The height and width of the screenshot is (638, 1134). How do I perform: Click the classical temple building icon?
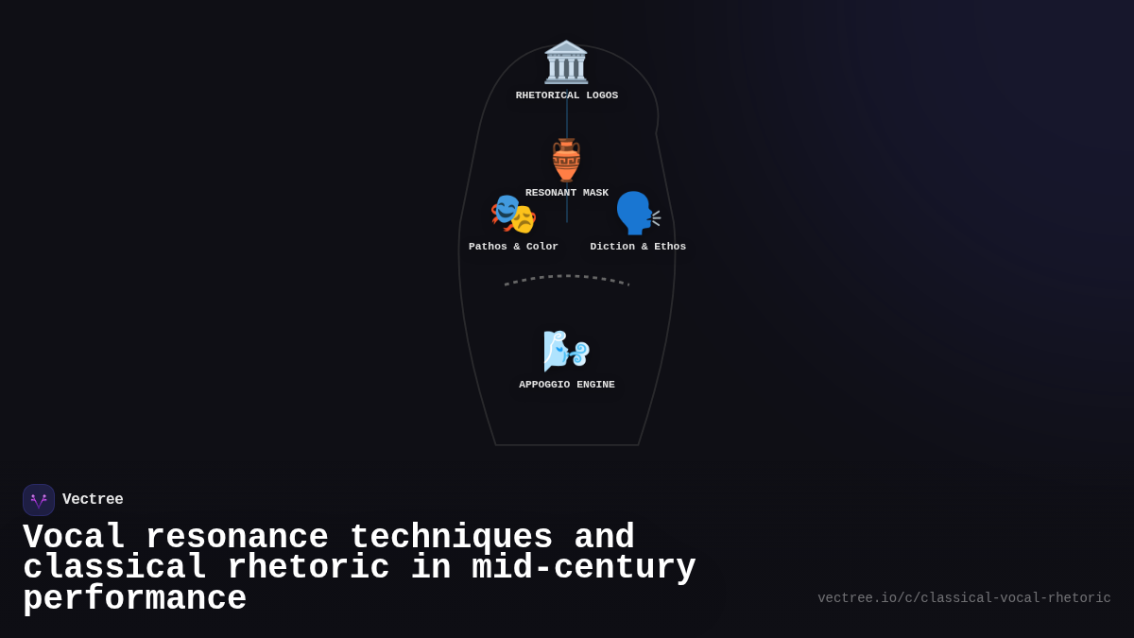click(566, 62)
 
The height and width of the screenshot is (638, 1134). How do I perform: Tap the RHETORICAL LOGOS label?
click(567, 95)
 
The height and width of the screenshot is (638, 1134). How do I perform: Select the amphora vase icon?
click(566, 160)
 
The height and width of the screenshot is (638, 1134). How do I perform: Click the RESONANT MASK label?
click(567, 193)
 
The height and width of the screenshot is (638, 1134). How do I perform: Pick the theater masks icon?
click(513, 214)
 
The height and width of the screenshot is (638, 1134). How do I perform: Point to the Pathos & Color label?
click(513, 247)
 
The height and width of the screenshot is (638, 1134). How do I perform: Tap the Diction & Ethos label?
click(638, 247)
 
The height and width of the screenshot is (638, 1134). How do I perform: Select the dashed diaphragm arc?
click(567, 277)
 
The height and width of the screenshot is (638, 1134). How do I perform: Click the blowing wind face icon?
click(566, 352)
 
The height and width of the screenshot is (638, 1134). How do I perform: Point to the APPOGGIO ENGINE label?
click(567, 385)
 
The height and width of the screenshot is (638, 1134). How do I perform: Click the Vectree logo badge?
click(39, 500)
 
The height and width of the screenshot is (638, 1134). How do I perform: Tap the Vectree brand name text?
click(93, 500)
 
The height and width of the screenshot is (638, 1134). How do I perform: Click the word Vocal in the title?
click(74, 538)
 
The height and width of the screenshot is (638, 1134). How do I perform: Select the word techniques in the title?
click(451, 538)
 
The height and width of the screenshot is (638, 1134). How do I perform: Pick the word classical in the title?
click(114, 568)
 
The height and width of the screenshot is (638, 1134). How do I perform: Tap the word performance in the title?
click(134, 599)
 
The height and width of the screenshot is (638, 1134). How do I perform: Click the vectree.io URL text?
click(964, 598)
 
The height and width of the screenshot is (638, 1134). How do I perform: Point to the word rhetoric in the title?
click(308, 568)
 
